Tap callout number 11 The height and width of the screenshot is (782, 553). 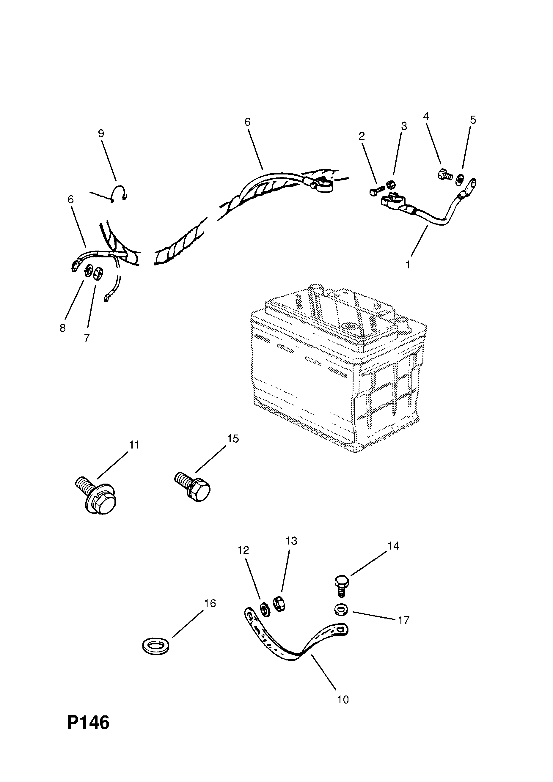pos(134,445)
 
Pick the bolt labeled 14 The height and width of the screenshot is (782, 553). pos(342,586)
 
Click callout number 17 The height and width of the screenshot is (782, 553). pos(403,620)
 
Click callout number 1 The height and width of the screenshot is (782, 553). pos(408,264)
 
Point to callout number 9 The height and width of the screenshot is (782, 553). pos(101,133)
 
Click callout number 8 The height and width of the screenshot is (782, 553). pos(62,328)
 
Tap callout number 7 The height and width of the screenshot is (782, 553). pos(87,338)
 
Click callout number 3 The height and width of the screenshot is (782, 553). pos(404,126)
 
